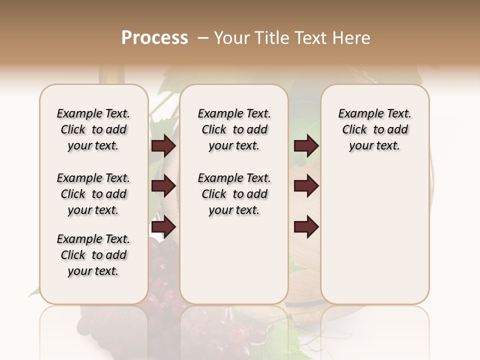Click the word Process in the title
pyautogui.click(x=154, y=38)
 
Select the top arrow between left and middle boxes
pyautogui.click(x=163, y=146)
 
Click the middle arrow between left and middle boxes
pyautogui.click(x=163, y=186)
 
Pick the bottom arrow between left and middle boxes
pyautogui.click(x=163, y=227)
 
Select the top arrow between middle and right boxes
pyautogui.click(x=306, y=146)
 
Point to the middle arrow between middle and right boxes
pyautogui.click(x=306, y=186)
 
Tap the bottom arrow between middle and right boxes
pyautogui.click(x=306, y=227)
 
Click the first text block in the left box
pyautogui.click(x=93, y=129)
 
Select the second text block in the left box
pyautogui.click(x=93, y=194)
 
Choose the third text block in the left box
pyautogui.click(x=93, y=255)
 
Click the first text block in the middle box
pyautogui.click(x=234, y=129)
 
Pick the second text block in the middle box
pyautogui.click(x=234, y=194)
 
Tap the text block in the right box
pyautogui.click(x=374, y=129)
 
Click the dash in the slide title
pyautogui.click(x=203, y=38)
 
